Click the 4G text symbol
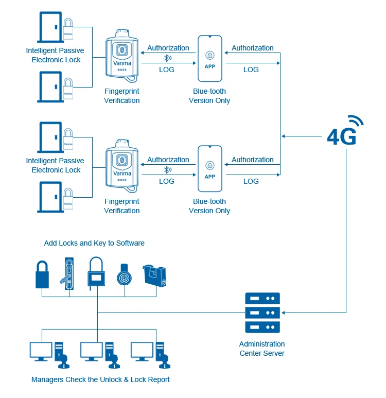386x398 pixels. coord(342,136)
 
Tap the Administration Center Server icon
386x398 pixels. coord(262,313)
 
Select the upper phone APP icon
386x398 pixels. coord(210,59)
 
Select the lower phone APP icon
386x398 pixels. coord(210,169)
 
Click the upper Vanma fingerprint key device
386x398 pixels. coord(122,56)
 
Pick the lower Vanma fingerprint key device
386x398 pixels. coord(122,166)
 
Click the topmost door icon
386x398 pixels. coord(50,27)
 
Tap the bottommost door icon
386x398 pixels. coord(50,197)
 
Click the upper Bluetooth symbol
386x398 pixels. coord(167,58)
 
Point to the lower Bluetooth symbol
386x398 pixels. coord(167,169)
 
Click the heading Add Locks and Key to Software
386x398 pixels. coord(94,243)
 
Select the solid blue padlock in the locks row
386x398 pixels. coord(42,274)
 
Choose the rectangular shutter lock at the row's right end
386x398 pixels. coord(155,275)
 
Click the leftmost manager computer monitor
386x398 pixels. coord(41,351)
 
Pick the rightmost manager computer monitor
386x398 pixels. coord(142,351)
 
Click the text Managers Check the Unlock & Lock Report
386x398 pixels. coord(100,380)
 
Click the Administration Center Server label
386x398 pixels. coord(262,349)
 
